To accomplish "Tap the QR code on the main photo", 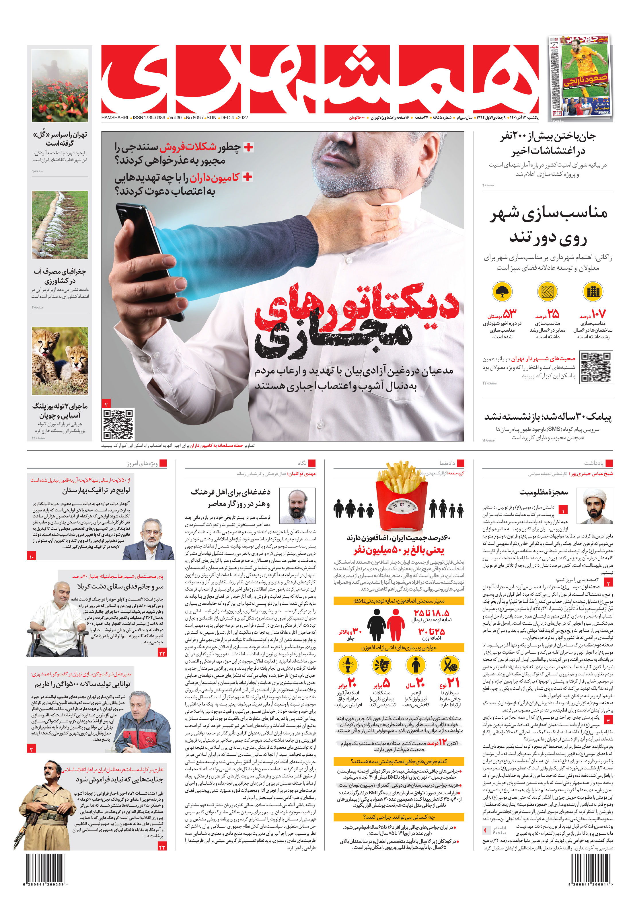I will pyautogui.click(x=118, y=424).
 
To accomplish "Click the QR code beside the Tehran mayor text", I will pyautogui.click(x=595, y=367).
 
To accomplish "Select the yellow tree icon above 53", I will pyautogui.click(x=502, y=292).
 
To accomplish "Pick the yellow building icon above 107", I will pyautogui.click(x=593, y=292).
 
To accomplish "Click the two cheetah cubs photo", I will pyautogui.click(x=60, y=361).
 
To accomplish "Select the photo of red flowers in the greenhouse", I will pyautogui.click(x=60, y=85).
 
